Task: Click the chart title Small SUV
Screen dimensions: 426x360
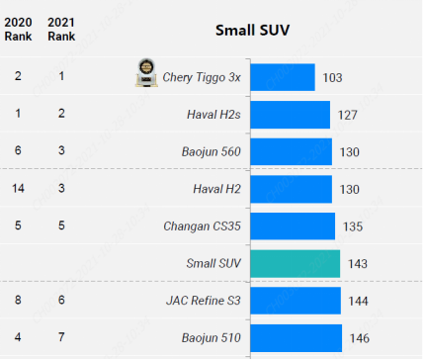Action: pos(252,31)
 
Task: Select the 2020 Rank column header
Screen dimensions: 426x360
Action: pos(18,30)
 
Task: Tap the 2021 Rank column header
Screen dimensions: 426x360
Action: pos(61,30)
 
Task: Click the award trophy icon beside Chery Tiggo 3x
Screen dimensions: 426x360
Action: pos(146,73)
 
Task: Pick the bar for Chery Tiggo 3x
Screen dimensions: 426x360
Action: pos(283,77)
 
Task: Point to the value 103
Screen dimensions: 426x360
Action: pos(332,78)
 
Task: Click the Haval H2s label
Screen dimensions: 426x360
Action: pos(213,115)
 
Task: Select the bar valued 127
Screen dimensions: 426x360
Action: pos(291,115)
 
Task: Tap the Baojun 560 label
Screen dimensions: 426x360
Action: pos(212,151)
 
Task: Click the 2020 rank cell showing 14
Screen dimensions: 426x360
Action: pos(18,188)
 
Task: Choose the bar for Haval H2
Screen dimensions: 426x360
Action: pos(292,189)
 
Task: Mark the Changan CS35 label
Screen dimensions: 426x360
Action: pos(202,226)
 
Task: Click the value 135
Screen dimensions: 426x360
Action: pos(353,226)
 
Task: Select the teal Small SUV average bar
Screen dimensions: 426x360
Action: pos(296,264)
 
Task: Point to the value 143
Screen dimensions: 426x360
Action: pos(358,264)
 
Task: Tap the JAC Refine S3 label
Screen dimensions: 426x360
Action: pos(204,301)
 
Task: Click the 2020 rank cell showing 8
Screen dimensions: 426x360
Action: pos(18,300)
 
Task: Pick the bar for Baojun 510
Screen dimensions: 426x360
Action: pos(297,338)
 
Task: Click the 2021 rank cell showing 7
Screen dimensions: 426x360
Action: pos(61,337)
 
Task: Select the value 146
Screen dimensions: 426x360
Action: pos(360,338)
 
